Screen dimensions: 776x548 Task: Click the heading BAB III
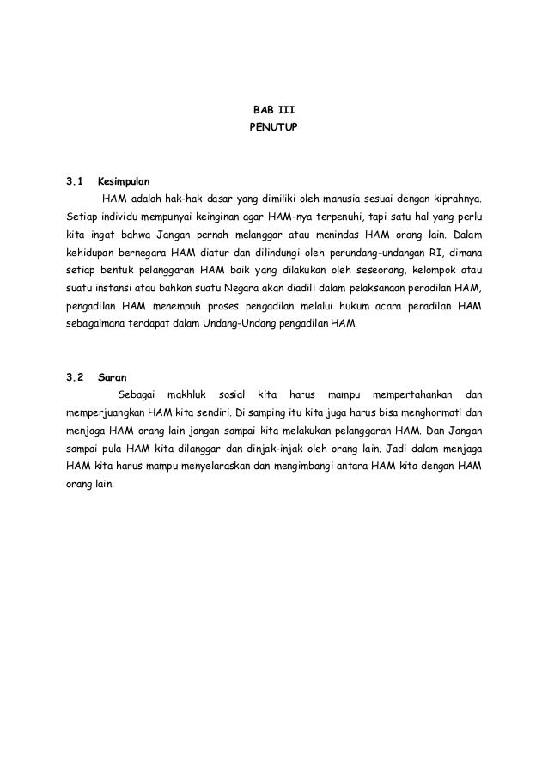point(273,110)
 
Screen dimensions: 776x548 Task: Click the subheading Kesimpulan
point(125,182)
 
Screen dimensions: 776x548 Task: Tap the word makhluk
point(187,394)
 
